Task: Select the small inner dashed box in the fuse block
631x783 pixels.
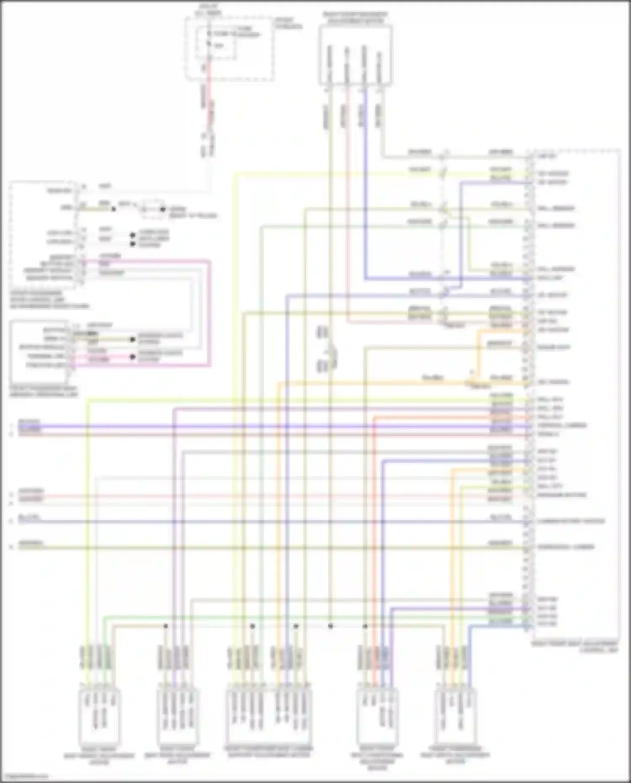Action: coord(221,42)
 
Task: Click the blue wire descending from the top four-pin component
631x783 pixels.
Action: coord(365,189)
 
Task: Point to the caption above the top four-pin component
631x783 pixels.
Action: coord(355,17)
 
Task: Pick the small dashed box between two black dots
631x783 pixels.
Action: coord(152,209)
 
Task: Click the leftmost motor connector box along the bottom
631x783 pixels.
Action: coord(99,715)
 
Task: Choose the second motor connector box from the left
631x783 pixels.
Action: coord(177,715)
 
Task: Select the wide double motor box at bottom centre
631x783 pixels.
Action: coord(269,715)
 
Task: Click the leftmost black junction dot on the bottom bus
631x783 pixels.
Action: coord(166,626)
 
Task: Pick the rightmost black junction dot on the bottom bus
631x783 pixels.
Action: coord(365,626)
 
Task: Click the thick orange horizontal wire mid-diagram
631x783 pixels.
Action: coord(379,382)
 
